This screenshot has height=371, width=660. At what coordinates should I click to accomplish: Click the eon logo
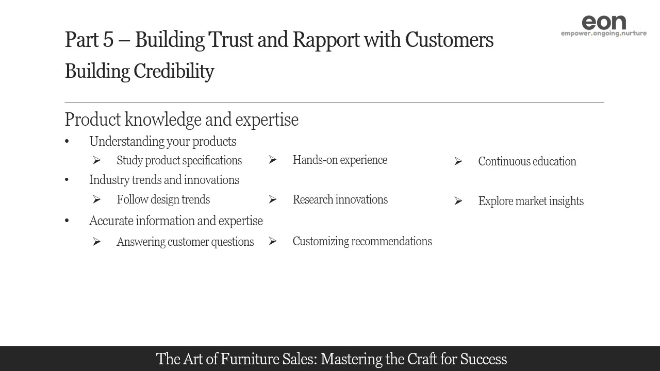[x=603, y=22]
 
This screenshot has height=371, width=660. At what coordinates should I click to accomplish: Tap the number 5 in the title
[x=108, y=40]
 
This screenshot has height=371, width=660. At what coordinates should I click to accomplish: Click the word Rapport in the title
[x=326, y=40]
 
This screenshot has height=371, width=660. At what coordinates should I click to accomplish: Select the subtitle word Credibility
[x=174, y=71]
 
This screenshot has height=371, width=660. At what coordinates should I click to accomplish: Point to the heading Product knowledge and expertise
[x=181, y=120]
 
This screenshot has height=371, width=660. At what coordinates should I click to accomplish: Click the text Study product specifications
[x=179, y=160]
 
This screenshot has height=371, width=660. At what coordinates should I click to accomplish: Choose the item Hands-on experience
[x=340, y=160]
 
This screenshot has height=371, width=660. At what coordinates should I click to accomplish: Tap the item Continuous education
[x=527, y=161]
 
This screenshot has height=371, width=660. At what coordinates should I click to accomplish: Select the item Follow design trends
[x=163, y=199]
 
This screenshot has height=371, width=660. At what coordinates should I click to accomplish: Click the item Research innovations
[x=340, y=199]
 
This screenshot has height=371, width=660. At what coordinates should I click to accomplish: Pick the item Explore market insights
[x=531, y=201]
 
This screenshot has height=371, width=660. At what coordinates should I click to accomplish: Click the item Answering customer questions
[x=185, y=242]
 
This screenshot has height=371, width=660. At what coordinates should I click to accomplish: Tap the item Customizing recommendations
[x=362, y=241]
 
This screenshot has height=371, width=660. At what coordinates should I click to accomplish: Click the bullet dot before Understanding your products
[x=67, y=142]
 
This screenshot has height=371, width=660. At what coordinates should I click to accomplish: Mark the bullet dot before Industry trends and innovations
[x=67, y=180]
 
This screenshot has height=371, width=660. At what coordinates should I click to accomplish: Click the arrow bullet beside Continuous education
[x=458, y=162]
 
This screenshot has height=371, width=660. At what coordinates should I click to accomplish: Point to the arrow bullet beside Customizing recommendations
[x=273, y=241]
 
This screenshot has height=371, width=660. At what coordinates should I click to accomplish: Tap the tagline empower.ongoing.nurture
[x=603, y=33]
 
